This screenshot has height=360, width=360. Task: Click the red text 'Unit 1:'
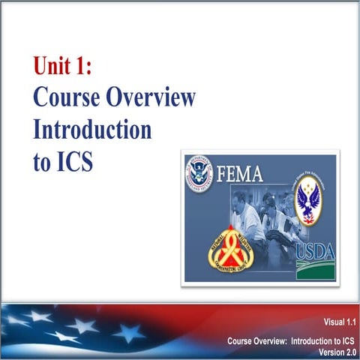coord(62,67)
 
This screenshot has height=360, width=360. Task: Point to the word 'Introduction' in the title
coord(92,130)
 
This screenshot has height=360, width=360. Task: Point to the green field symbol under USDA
coord(315,268)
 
